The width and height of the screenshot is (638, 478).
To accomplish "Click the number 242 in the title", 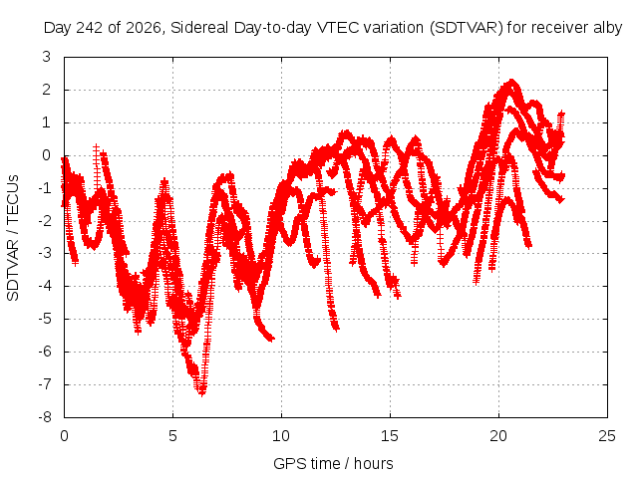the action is tap(90, 28).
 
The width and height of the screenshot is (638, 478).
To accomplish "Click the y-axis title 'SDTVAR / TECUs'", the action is tap(13, 238).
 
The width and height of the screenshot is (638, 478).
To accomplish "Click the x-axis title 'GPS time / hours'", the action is tap(333, 464).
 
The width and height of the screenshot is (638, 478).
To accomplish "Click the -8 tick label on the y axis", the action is tap(45, 417).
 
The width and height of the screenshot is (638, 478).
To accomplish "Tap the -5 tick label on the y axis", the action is tap(45, 319).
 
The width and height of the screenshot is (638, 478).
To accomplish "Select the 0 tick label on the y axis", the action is tap(47, 155).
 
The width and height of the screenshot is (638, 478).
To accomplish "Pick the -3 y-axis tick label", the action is tap(45, 253).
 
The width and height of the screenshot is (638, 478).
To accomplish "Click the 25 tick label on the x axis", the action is tap(607, 436).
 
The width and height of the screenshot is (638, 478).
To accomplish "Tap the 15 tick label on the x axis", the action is tap(390, 436).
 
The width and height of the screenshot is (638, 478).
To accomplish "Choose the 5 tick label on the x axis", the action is tap(172, 436).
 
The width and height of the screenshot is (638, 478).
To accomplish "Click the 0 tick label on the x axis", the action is tap(64, 436).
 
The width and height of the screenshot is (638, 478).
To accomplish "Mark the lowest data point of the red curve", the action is tap(201, 393).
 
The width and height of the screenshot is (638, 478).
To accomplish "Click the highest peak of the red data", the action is tap(511, 82).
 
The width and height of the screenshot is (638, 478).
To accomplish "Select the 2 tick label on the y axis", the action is tap(47, 90).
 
